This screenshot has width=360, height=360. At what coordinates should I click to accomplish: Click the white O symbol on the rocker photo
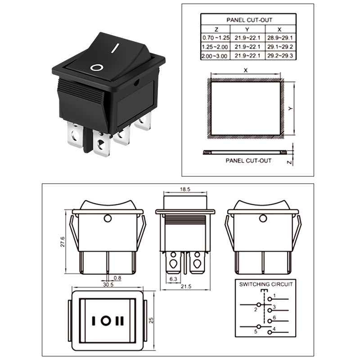pyautogui.click(x=97, y=68)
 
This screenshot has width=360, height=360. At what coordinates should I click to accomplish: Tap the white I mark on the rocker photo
pyautogui.click(x=117, y=47)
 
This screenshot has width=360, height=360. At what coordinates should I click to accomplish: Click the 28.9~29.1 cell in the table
pyautogui.click(x=280, y=38)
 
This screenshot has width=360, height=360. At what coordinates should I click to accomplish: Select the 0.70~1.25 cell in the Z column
pyautogui.click(x=216, y=38)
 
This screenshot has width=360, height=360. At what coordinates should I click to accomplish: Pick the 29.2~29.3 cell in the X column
pyautogui.click(x=280, y=56)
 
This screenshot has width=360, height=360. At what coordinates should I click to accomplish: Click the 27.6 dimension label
pyautogui.click(x=63, y=241)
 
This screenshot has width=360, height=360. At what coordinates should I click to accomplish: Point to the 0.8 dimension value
pyautogui.click(x=117, y=278)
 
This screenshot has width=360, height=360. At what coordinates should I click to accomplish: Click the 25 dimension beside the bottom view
pyautogui.click(x=152, y=320)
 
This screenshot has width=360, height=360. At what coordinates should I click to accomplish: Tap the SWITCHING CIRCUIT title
pyautogui.click(x=265, y=284)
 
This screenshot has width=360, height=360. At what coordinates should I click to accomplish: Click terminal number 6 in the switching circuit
pyautogui.click(x=274, y=318)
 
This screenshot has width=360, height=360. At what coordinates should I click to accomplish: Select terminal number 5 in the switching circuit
pyautogui.click(x=256, y=332)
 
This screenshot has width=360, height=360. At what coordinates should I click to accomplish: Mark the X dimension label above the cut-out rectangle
pyautogui.click(x=246, y=70)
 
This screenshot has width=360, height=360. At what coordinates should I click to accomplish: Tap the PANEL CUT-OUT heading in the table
pyautogui.click(x=249, y=20)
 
